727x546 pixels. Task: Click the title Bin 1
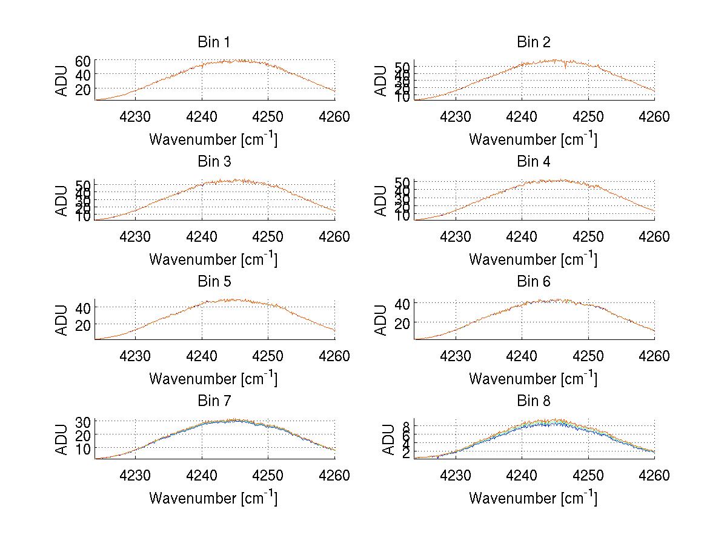click(213, 42)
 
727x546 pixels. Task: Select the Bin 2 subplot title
click(533, 42)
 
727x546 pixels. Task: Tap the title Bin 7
click(213, 401)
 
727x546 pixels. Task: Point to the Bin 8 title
click(533, 401)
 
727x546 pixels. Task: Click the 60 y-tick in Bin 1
click(83, 61)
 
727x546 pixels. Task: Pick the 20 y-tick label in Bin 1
click(83, 89)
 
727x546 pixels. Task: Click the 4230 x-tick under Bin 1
click(135, 117)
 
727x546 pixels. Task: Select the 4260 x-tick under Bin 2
click(654, 117)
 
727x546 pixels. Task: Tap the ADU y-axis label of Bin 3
click(62, 201)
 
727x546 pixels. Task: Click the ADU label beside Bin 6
click(382, 320)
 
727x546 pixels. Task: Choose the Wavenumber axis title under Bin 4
click(533, 259)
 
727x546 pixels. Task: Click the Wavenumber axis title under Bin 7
click(213, 498)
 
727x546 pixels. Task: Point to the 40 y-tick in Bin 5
click(83, 307)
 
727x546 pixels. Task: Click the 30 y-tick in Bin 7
click(83, 421)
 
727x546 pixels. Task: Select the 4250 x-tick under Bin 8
click(588, 476)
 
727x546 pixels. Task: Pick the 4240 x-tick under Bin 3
click(202, 236)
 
